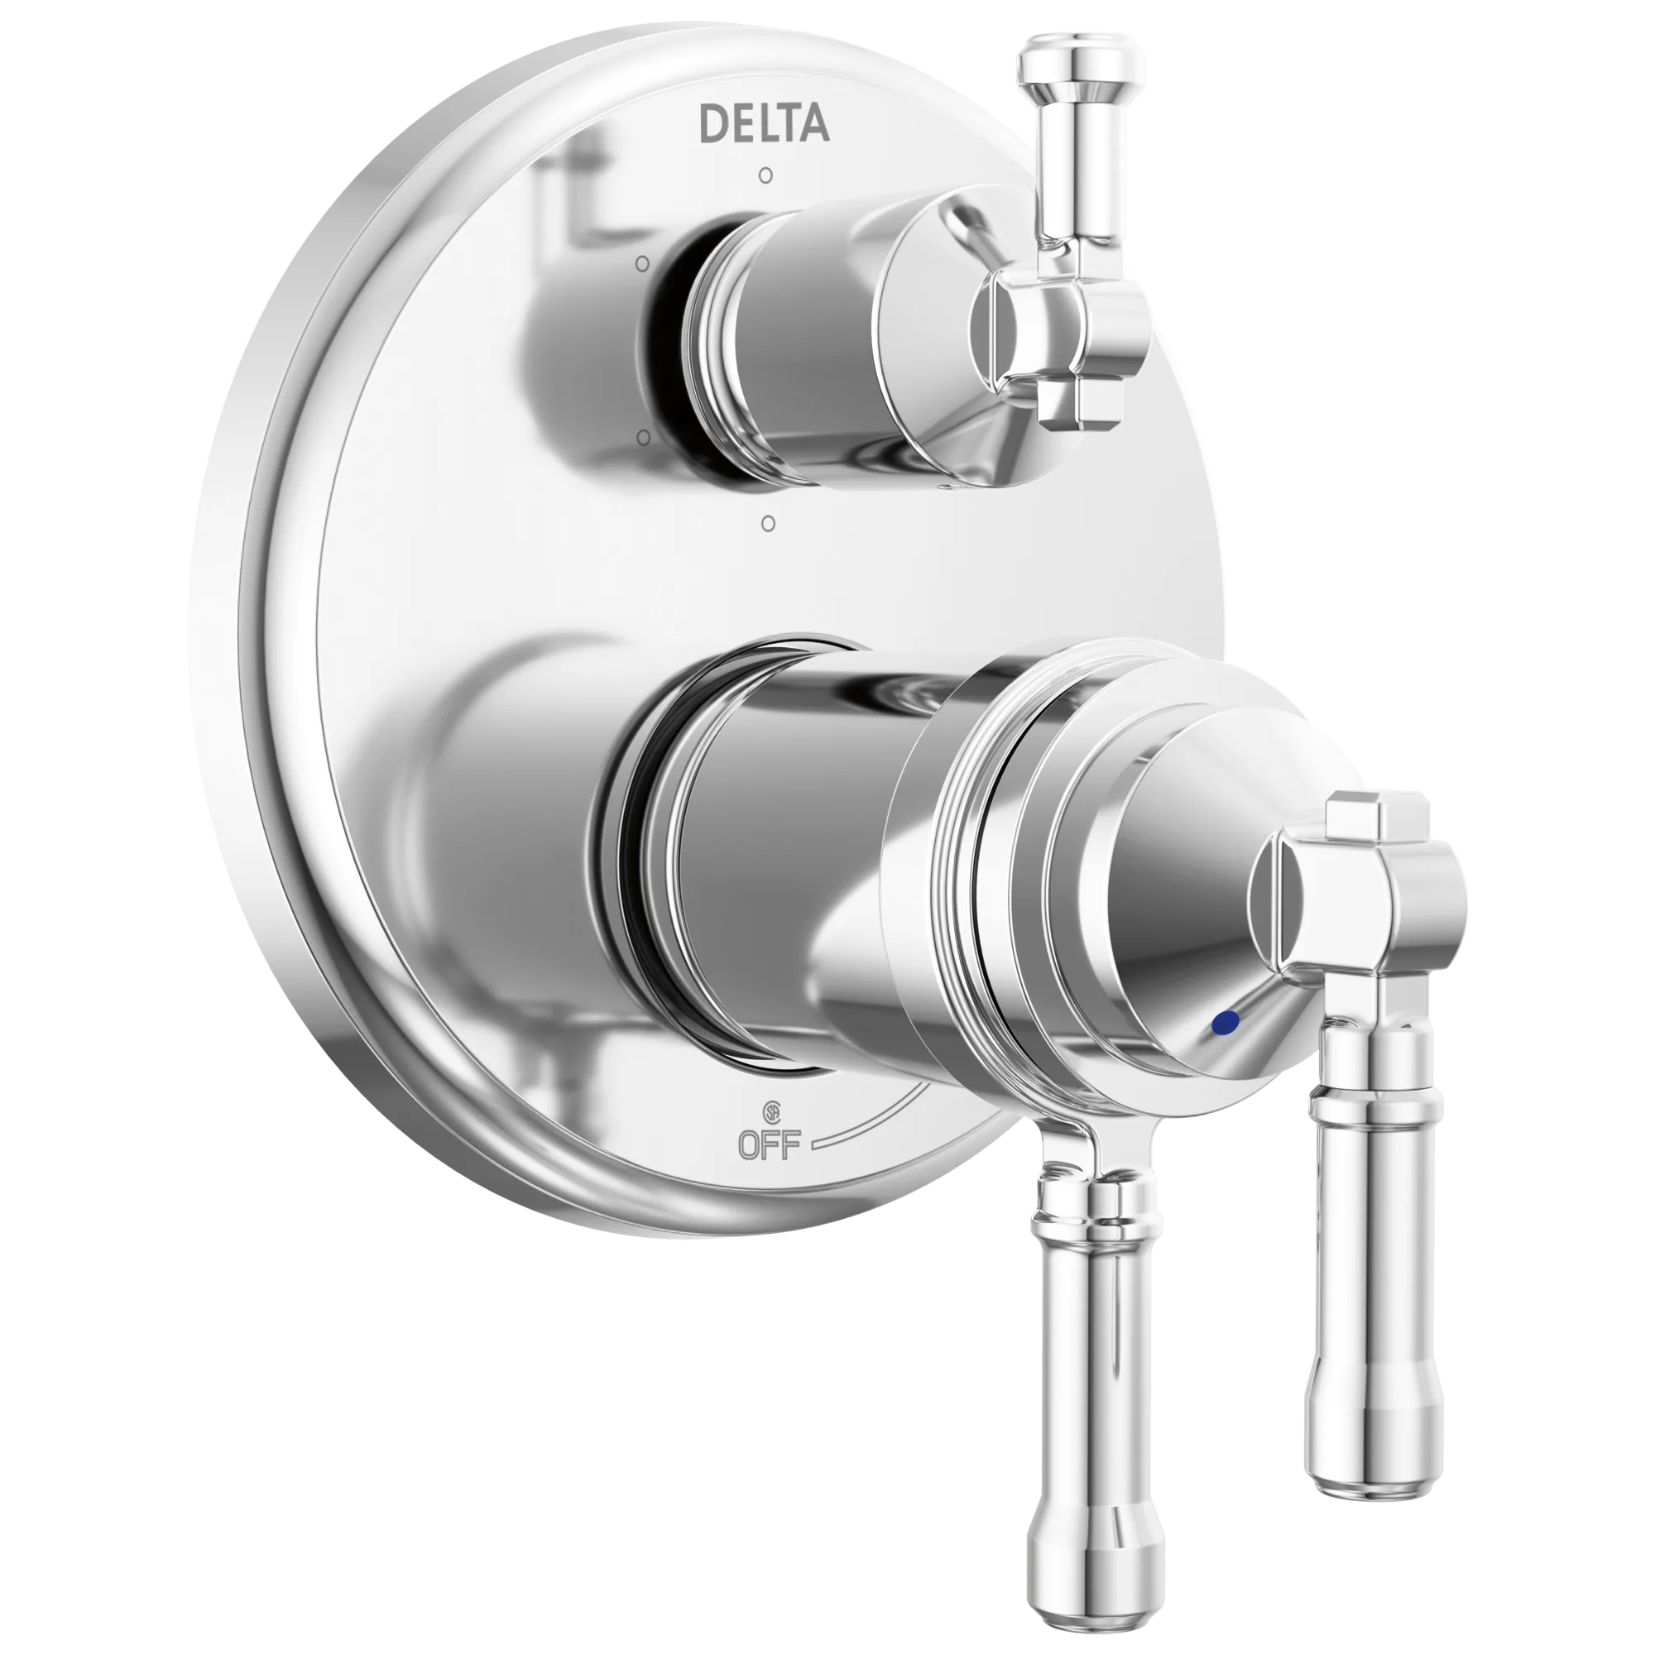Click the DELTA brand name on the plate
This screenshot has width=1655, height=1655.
pos(764,123)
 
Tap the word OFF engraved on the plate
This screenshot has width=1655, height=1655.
pos(770,1145)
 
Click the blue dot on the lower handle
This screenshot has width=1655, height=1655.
pos(1228,1022)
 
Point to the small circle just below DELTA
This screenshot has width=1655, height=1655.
pos(765,176)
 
